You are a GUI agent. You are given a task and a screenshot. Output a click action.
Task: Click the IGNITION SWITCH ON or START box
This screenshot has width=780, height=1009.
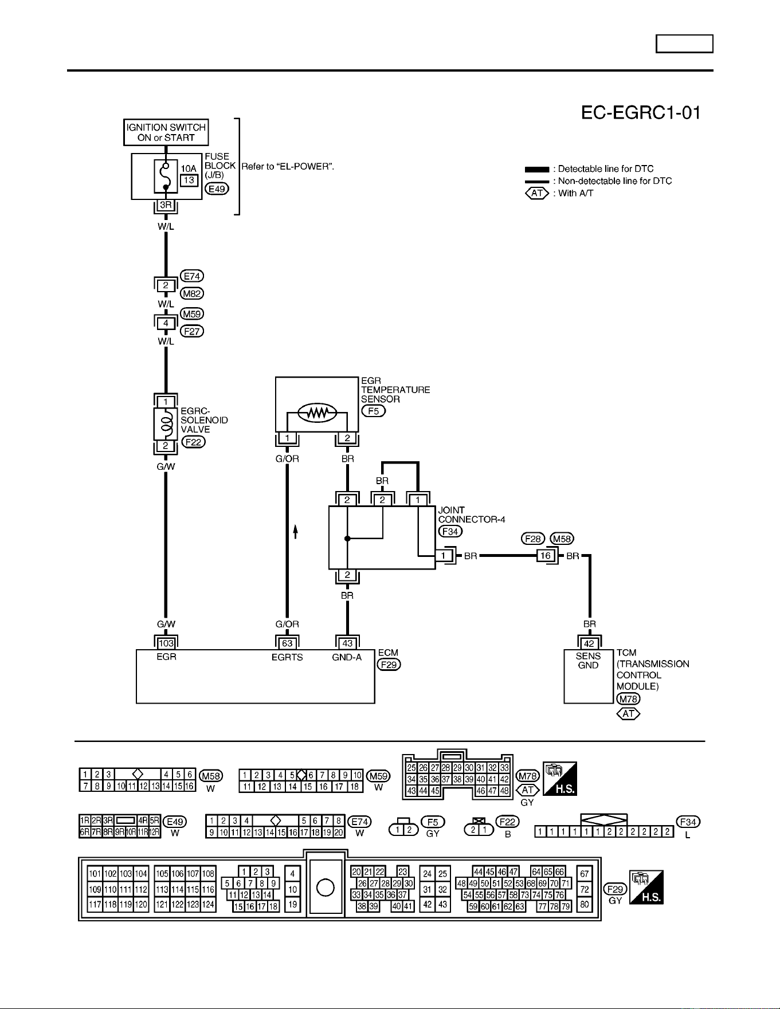166,132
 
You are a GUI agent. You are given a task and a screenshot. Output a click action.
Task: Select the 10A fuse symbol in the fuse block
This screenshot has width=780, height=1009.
166,176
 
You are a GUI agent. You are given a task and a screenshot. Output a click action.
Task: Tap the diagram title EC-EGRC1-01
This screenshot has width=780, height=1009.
641,113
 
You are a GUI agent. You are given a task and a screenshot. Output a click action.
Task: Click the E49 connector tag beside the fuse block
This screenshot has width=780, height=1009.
217,189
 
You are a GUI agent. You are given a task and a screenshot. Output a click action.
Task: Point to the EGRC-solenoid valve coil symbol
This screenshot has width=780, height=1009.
166,424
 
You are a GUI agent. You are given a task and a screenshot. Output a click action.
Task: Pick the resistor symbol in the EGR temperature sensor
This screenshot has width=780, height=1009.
317,413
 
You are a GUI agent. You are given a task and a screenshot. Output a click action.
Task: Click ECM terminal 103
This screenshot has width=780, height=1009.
166,643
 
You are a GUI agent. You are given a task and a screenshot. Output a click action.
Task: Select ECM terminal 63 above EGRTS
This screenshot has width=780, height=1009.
287,643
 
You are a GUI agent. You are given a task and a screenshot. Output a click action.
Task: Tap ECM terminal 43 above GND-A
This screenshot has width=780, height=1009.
347,643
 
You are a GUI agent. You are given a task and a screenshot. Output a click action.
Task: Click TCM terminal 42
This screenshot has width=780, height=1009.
589,643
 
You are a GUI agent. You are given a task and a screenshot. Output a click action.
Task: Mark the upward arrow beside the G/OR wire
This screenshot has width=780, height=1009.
296,531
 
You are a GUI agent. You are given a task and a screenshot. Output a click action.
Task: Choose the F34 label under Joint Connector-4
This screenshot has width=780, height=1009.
450,531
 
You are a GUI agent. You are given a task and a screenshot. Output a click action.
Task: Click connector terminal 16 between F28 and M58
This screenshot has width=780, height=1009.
545,556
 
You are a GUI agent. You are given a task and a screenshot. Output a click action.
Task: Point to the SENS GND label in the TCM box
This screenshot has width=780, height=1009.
589,661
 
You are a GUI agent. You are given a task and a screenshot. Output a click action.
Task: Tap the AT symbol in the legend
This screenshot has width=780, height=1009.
537,193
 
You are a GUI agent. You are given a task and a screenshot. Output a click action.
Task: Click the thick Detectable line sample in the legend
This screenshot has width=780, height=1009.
537,169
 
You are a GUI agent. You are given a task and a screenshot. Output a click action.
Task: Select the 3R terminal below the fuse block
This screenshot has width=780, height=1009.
166,205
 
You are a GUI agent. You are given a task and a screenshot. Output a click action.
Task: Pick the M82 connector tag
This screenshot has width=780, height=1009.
192,293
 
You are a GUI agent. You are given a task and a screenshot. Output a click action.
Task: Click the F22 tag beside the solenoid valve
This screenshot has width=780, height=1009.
194,442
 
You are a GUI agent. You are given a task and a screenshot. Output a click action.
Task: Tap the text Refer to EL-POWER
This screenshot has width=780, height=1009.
288,167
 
